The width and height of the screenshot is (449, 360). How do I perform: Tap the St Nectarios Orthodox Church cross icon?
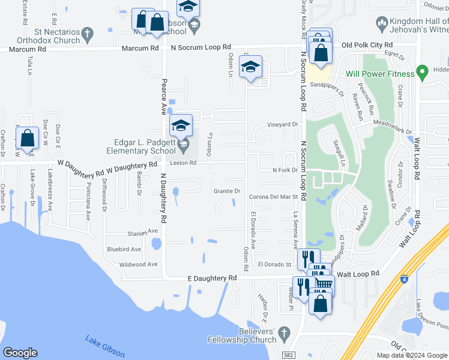click(x=87, y=33)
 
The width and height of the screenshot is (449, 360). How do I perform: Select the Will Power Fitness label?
click(x=380, y=74)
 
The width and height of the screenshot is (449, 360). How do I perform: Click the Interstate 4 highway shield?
click(x=402, y=279)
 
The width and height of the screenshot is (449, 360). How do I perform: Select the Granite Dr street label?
click(x=227, y=191)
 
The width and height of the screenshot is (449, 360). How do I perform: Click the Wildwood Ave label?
click(x=138, y=264)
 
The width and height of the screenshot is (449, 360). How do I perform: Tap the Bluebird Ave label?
click(x=124, y=249)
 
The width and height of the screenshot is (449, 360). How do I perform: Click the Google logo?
click(x=20, y=353)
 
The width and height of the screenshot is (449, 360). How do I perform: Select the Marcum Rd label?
click(x=139, y=47)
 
